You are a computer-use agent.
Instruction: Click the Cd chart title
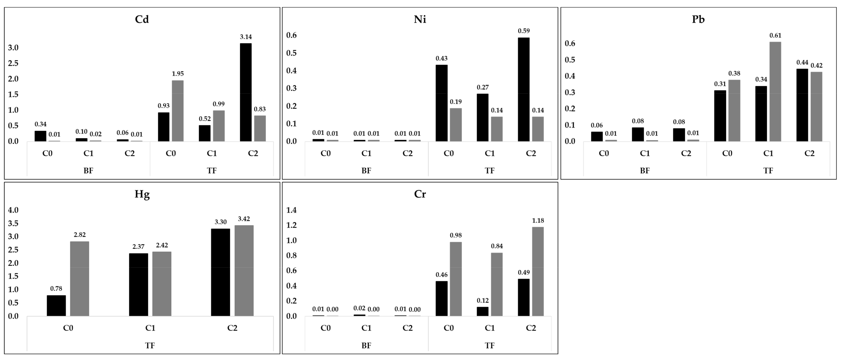(x=142, y=19)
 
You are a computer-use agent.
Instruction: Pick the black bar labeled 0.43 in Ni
(x=442, y=103)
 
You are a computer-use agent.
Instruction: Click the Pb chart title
(x=698, y=19)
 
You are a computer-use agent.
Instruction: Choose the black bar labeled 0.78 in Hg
(x=56, y=305)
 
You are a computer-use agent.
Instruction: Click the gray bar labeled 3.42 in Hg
(x=244, y=270)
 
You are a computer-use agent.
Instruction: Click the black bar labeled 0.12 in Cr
(x=482, y=311)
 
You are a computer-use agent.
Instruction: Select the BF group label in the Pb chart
(x=645, y=171)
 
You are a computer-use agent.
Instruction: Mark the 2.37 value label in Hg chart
(x=138, y=247)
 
